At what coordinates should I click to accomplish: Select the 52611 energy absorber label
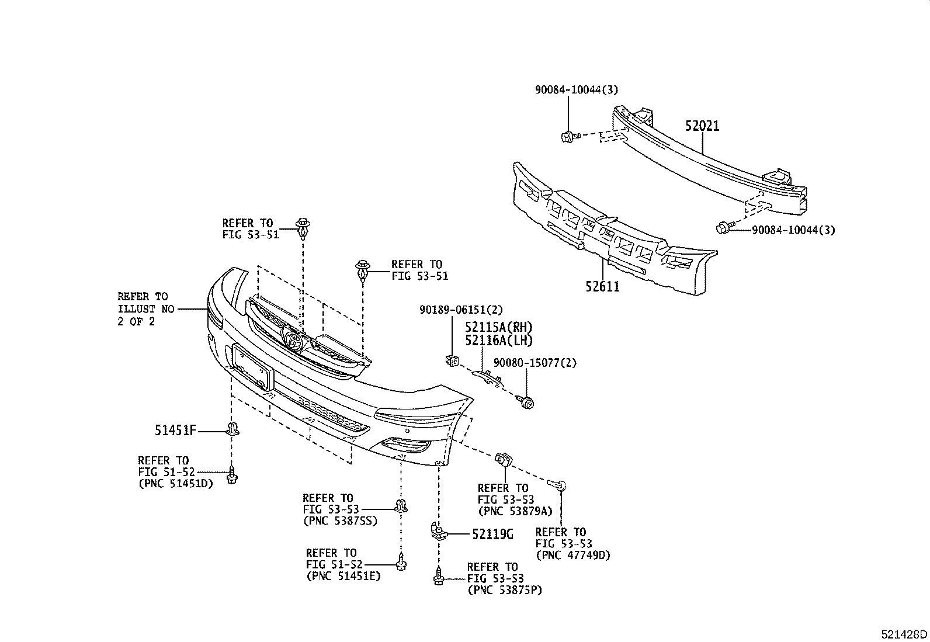pyautogui.click(x=602, y=286)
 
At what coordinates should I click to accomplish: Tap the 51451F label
pyautogui.click(x=175, y=431)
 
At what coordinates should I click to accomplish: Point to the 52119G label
pyautogui.click(x=492, y=533)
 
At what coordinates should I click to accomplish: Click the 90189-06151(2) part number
pyautogui.click(x=460, y=310)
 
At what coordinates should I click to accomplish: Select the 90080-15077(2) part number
pyautogui.click(x=535, y=363)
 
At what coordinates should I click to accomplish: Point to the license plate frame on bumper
pyautogui.click(x=252, y=367)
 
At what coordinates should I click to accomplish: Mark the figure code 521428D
pyautogui.click(x=904, y=634)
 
